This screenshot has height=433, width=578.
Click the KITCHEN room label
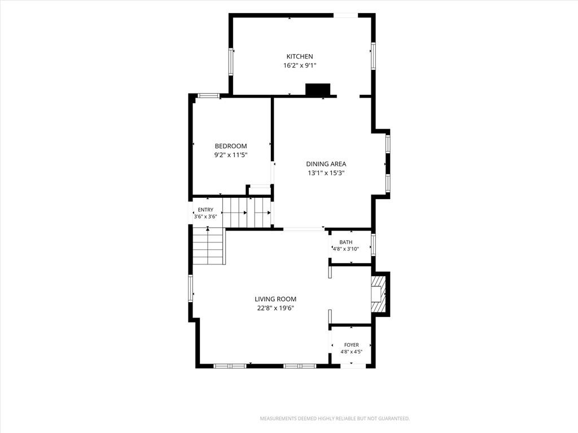point(300,56)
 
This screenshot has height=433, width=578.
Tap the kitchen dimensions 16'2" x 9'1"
point(300,65)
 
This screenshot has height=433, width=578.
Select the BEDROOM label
point(231,146)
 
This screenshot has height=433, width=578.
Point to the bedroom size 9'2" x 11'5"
point(231,155)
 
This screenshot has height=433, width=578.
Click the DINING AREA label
point(326,164)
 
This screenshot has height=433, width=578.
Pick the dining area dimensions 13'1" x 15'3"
point(326,173)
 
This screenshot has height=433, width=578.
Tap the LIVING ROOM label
point(275,299)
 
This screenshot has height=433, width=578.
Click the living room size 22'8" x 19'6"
point(275,308)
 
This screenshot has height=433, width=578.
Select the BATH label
point(346,242)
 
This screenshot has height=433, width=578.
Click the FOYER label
point(351,345)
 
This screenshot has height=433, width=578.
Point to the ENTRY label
point(205,210)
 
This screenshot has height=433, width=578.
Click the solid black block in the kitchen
point(318,90)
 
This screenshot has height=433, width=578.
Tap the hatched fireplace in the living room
point(378,294)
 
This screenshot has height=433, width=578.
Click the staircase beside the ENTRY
point(247,213)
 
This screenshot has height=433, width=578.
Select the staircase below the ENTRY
point(209,246)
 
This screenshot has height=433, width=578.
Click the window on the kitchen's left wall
point(231,62)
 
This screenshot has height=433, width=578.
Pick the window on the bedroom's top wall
point(209,96)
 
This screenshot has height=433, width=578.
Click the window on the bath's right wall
point(373,245)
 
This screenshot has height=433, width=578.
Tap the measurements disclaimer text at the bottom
point(335,419)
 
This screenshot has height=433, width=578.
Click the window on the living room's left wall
point(191,288)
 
